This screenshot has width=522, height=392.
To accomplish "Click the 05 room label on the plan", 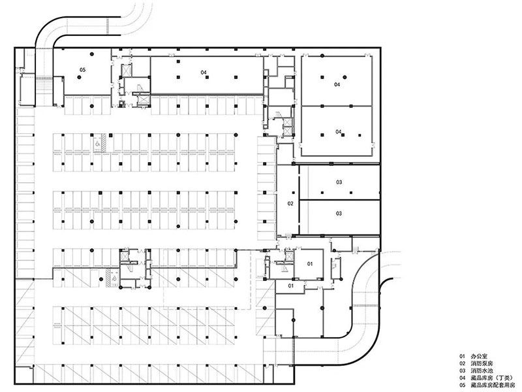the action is pyautogui.click(x=83, y=70).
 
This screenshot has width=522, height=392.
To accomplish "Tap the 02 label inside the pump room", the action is pyautogui.click(x=290, y=203).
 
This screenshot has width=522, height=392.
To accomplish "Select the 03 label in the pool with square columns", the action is pyautogui.click(x=339, y=182).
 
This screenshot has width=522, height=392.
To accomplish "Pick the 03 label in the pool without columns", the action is pyautogui.click(x=339, y=214).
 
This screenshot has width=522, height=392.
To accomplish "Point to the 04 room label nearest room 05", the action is pyautogui.click(x=204, y=72).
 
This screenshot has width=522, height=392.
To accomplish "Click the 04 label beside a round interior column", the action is pyautogui.click(x=337, y=84).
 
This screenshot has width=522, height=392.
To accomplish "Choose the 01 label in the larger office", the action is pyautogui.click(x=310, y=264).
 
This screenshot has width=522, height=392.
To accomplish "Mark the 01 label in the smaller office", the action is pyautogui.click(x=291, y=286).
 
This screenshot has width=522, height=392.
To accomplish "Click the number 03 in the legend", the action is pyautogui.click(x=463, y=370).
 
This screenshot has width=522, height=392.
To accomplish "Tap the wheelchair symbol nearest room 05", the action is pyautogui.click(x=97, y=144).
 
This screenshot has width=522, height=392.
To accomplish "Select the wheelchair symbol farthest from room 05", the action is pyautogui.click(x=114, y=277).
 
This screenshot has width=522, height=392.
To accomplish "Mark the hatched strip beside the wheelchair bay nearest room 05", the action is pyautogui.click(x=104, y=142).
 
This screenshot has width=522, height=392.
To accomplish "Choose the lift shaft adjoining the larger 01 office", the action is pyautogui.click(x=289, y=257).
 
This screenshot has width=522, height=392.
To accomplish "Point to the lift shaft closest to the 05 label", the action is pyautogui.click(x=127, y=71).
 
